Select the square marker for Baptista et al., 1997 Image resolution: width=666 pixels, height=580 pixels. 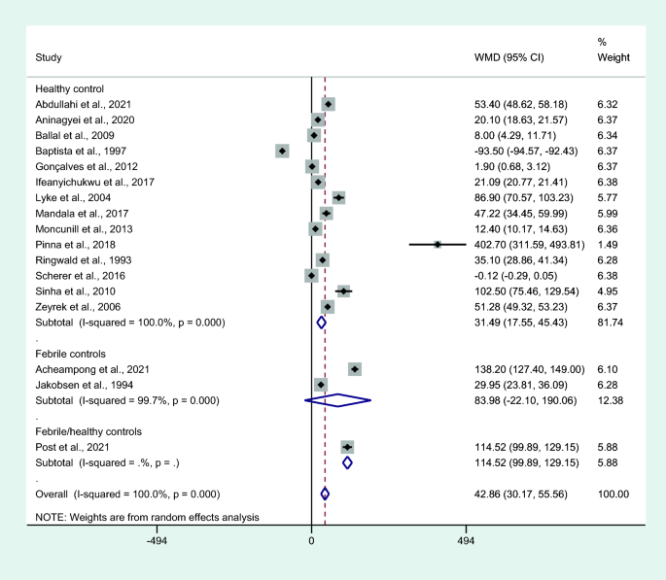point(282,151)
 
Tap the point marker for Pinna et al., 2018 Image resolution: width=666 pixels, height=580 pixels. point(438,244)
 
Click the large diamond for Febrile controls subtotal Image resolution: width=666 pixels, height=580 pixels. point(337,398)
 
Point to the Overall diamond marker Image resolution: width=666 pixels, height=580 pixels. point(325,494)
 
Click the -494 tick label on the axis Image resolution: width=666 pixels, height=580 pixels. point(157,540)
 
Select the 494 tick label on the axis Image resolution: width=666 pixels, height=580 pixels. point(466,540)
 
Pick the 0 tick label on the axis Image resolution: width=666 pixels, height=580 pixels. point(311,540)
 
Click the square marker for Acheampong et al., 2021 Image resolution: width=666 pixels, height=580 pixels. point(355,369)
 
